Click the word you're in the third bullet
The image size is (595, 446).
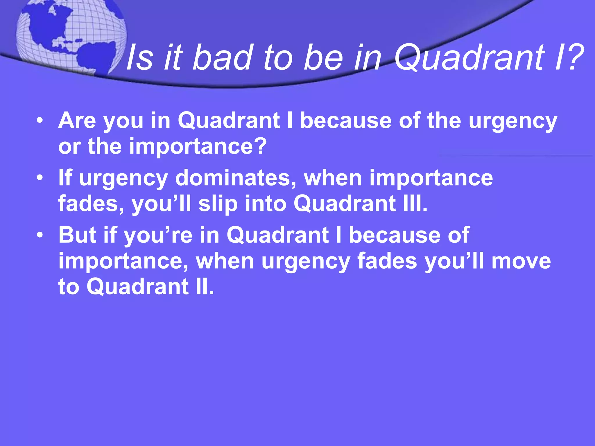pos(158,235)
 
